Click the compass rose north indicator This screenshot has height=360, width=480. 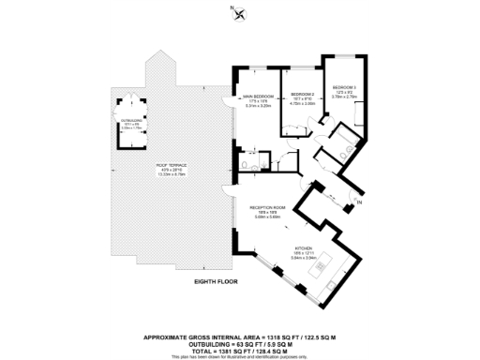point(241,13)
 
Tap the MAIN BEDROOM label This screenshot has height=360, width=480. point(258,96)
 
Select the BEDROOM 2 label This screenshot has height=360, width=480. point(302,96)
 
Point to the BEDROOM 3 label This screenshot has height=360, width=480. point(347,87)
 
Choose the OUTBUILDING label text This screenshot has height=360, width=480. point(129,119)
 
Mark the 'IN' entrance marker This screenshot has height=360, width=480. point(359,201)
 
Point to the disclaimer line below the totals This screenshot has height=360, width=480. point(240,355)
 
